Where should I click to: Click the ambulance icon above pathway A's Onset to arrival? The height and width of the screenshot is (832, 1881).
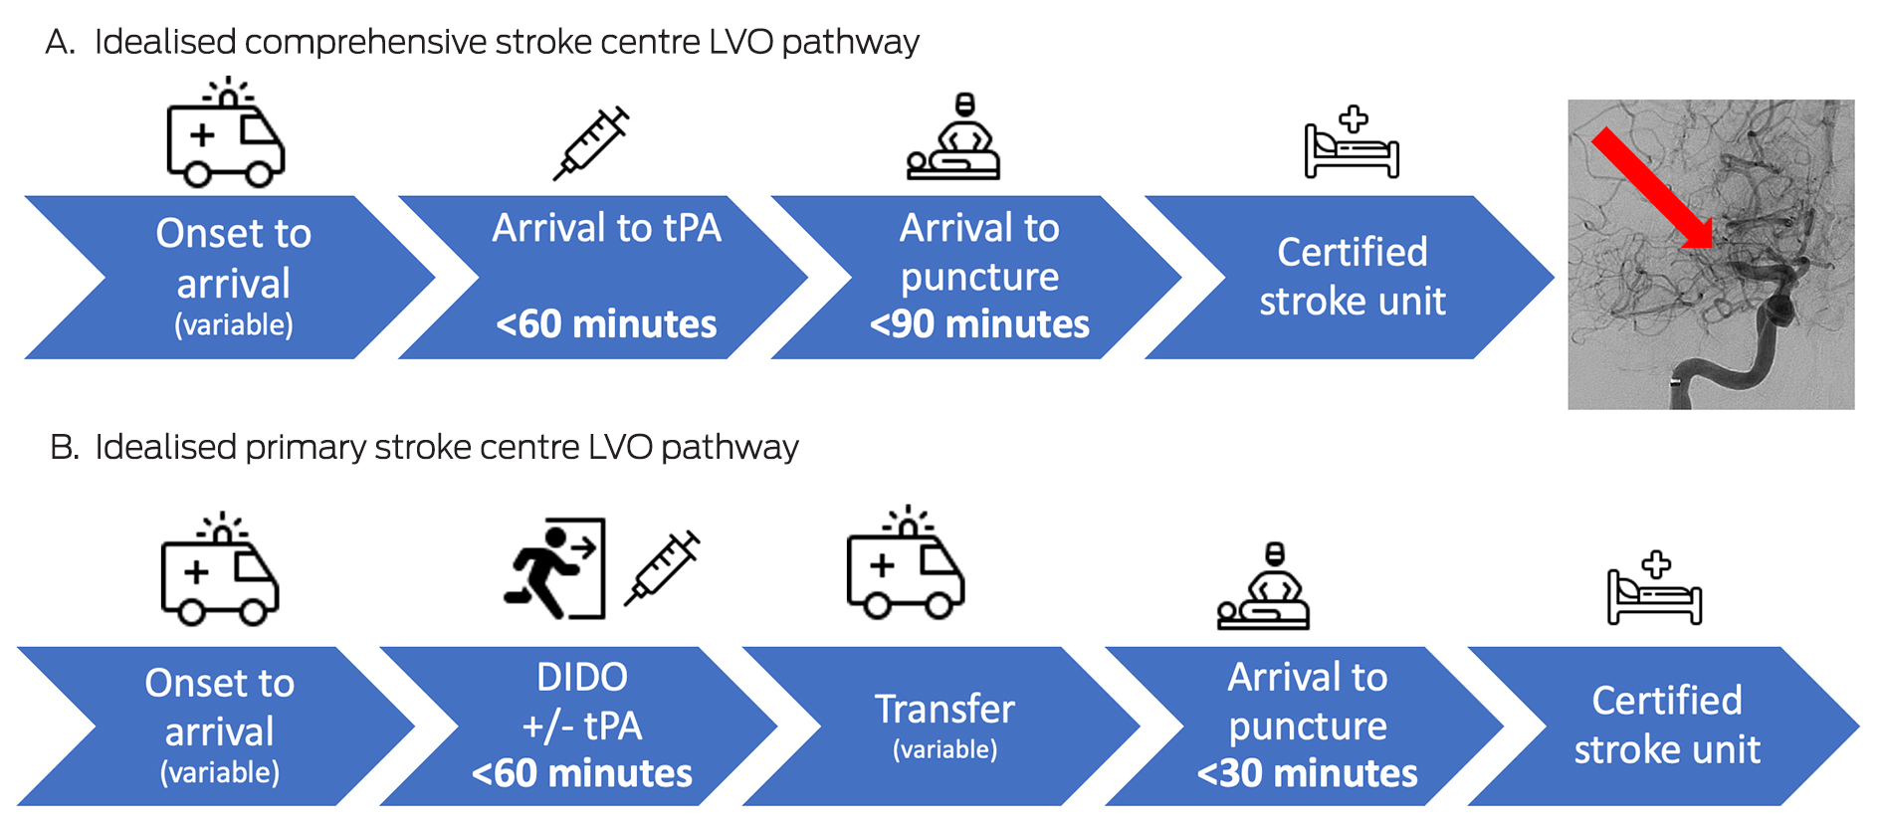pos(226,134)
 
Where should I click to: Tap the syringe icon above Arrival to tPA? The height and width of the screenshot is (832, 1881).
pos(591,143)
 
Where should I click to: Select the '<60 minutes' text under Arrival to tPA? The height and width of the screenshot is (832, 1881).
pos(606,324)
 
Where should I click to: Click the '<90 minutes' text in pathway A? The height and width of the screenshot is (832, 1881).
pos(979,324)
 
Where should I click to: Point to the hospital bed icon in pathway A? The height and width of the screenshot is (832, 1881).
pos(1352,143)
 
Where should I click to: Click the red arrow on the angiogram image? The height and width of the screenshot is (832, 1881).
pos(1652,189)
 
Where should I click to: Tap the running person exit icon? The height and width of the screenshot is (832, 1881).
pos(554,568)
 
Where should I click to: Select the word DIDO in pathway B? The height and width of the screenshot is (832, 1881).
pos(582,678)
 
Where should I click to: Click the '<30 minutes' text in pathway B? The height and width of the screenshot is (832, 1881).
pos(1307,773)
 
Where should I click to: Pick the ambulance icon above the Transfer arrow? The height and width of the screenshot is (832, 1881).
pos(905,563)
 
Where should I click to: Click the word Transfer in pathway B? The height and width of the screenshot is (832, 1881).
pos(944,710)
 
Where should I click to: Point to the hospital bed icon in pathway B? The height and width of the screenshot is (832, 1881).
pos(1654,588)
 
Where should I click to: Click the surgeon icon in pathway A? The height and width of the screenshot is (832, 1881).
pos(953,138)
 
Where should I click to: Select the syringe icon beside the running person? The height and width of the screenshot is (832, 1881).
pos(662,568)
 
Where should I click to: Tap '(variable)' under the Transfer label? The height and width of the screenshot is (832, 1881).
pos(944,749)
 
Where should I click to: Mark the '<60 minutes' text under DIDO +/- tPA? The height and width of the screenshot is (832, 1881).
pos(582,773)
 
